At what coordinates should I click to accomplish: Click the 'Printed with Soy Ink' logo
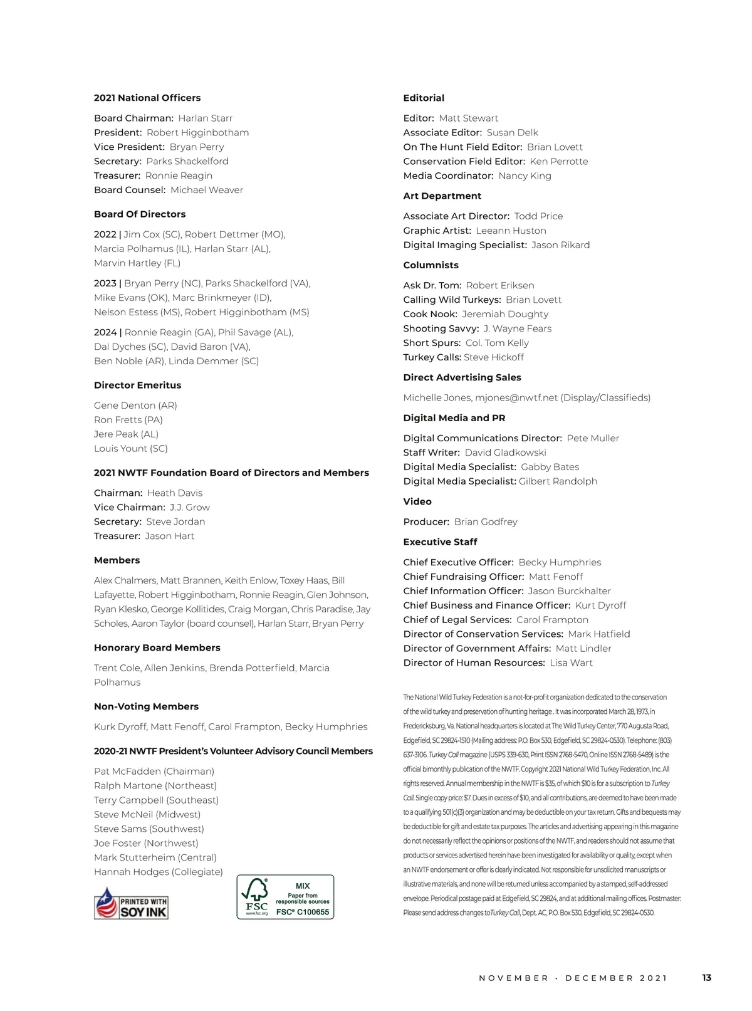[x=131, y=903]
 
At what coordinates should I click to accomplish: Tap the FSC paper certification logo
[x=285, y=897]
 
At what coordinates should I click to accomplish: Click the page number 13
[x=706, y=978]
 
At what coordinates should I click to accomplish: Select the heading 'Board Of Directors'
[x=140, y=214]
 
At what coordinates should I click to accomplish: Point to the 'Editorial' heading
[x=424, y=98]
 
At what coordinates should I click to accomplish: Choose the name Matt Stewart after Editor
[x=468, y=118]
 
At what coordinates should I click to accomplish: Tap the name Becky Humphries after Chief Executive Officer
[x=560, y=563]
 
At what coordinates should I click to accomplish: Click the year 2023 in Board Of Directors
[x=105, y=283]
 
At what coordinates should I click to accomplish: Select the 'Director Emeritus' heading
[x=137, y=385]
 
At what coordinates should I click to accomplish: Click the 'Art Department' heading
[x=442, y=196]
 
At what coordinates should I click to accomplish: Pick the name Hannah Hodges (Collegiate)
[x=158, y=872]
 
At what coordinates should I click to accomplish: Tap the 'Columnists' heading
[x=431, y=265]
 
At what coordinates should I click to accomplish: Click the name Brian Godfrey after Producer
[x=486, y=522]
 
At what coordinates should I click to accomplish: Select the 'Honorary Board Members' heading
[x=157, y=648]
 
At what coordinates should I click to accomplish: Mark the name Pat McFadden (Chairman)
[x=154, y=772]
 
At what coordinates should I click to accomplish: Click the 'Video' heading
[x=417, y=501]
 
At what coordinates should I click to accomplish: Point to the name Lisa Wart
[x=571, y=663]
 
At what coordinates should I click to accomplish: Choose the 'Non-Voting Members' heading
[x=146, y=706]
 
